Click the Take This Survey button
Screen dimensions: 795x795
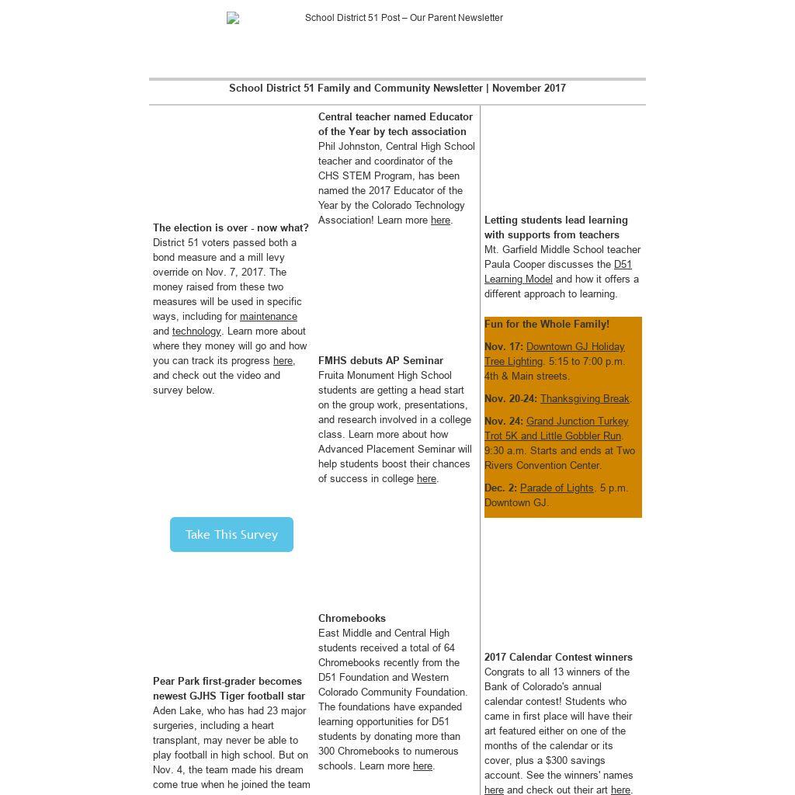point(231,534)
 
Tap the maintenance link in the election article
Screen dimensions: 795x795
point(268,317)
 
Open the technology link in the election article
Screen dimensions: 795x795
point(196,332)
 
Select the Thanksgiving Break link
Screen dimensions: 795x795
point(585,399)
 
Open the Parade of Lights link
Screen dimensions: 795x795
point(557,488)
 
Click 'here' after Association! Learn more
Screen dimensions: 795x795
point(440,220)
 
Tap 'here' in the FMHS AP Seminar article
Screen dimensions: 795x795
point(426,479)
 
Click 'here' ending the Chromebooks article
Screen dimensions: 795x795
point(422,766)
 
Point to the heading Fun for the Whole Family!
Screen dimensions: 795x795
point(547,325)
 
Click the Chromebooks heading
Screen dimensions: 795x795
point(352,619)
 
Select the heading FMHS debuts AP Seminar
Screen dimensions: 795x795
point(380,361)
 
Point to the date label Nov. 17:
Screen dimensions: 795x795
point(503,347)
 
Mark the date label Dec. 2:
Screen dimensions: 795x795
point(500,488)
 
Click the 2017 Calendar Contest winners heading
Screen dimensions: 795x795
point(558,658)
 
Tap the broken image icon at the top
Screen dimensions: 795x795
point(233,18)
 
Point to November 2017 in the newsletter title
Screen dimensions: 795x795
point(529,89)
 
